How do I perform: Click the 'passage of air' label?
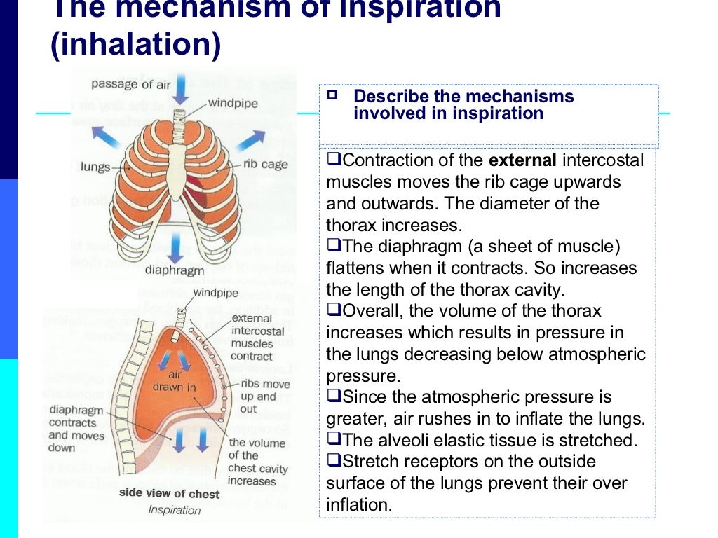pos(131,84)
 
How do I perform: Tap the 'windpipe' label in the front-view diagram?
pos(233,104)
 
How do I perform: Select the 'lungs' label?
pos(95,167)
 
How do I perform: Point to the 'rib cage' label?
pos(266,165)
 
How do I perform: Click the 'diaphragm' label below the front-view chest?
pos(175,270)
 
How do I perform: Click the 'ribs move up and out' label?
pos(264,396)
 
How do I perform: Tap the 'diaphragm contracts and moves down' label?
pos(76,429)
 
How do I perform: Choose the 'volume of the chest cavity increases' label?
pos(257,462)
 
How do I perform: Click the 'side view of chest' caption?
pos(169,493)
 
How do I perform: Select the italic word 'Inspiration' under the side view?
pos(175,509)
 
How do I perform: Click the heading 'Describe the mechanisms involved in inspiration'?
pos(463,105)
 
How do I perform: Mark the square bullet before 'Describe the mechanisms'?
pos(332,95)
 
